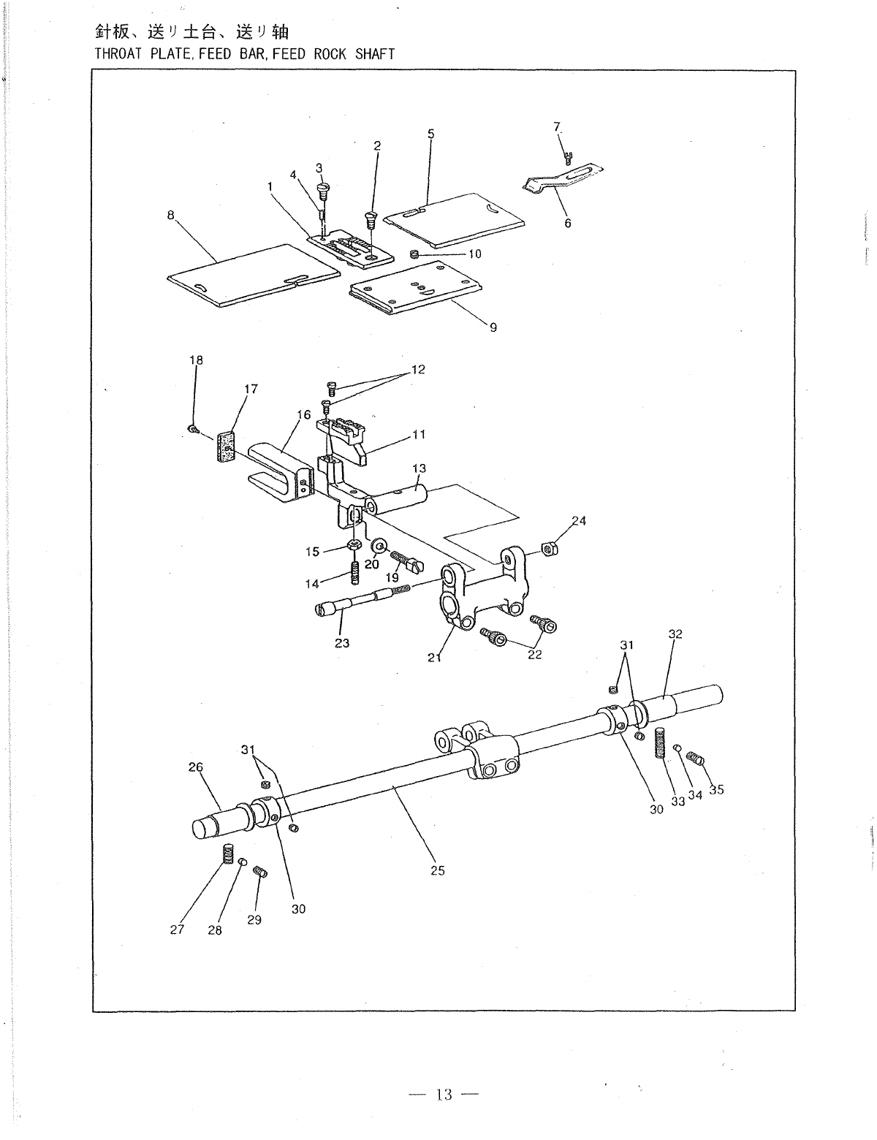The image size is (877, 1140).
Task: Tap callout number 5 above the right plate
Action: (x=430, y=134)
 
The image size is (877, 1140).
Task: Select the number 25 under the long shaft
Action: (x=437, y=870)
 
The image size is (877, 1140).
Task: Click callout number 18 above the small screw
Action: (x=196, y=360)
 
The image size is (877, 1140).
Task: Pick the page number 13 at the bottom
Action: (x=444, y=1094)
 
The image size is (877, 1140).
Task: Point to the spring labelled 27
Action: (x=227, y=854)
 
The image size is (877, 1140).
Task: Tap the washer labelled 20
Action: (x=379, y=547)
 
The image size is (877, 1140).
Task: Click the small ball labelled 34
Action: (x=677, y=748)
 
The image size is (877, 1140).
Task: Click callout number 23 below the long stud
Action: (x=342, y=643)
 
